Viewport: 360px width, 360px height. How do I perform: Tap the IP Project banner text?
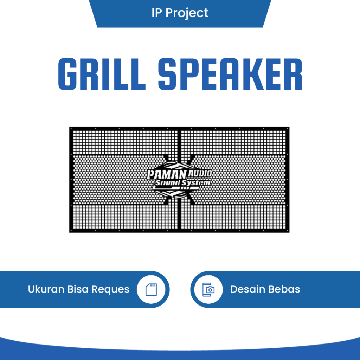pyautogui.click(x=180, y=13)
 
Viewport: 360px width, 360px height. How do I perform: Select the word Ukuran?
pyautogui.click(x=46, y=289)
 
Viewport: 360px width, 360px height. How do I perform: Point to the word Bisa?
pyautogui.click(x=78, y=289)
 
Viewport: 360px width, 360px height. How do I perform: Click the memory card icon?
pyautogui.click(x=151, y=289)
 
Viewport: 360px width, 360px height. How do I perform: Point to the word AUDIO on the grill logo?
pyautogui.click(x=200, y=173)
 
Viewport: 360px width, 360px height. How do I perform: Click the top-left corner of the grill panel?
pyautogui.click(x=70, y=128)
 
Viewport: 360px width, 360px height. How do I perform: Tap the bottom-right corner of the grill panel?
pyautogui.click(x=289, y=232)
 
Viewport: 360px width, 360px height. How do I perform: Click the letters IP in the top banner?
pyautogui.click(x=156, y=13)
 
